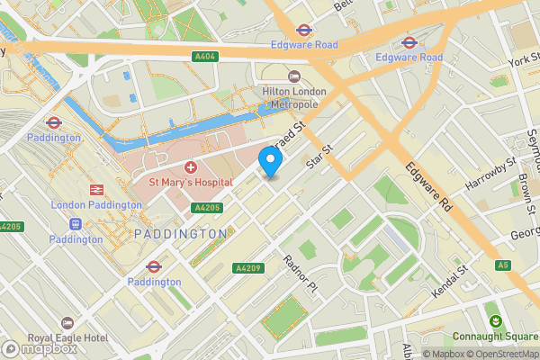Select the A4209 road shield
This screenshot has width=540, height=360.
coord(247,267)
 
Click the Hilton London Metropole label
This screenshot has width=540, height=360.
coord(290,97)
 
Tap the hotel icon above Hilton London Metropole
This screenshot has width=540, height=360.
coord(293,76)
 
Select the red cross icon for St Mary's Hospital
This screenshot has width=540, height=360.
coord(191,167)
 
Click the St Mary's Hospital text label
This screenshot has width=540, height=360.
coord(191,182)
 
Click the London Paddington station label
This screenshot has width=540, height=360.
coord(96,205)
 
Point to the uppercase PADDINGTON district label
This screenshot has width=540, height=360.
coord(180,234)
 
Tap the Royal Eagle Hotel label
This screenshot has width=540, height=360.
coord(67,338)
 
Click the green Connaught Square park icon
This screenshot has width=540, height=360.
coord(494,322)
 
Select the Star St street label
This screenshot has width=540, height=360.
coord(319,160)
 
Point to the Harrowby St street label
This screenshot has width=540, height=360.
coord(490,172)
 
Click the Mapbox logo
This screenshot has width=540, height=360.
coord(40,348)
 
